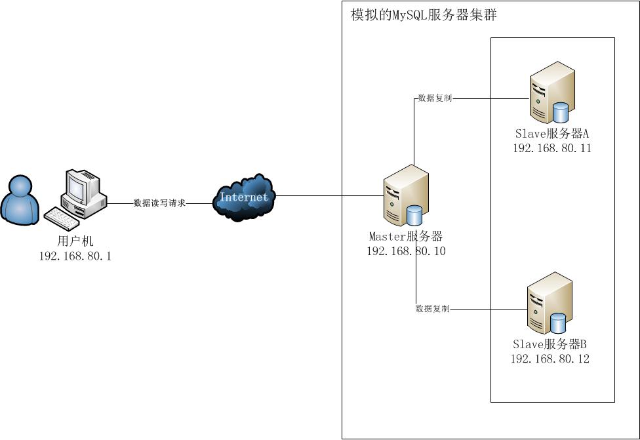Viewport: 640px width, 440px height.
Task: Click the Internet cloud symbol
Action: pos(244,197)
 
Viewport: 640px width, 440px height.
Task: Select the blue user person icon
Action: pos(20,199)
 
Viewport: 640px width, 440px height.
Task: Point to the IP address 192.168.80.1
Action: pos(75,256)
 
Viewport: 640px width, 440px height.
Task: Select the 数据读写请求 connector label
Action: pos(159,203)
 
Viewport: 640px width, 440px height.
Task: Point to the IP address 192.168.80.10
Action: pos(406,251)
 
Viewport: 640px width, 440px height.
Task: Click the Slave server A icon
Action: pos(552,93)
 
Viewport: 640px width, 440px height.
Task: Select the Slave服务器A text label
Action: pos(552,134)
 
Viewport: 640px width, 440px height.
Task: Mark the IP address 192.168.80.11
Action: pos(552,148)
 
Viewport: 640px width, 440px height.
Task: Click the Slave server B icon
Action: pos(550,304)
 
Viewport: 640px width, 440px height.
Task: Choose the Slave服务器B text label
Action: pos(550,344)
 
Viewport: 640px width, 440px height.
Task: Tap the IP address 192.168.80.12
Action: pos(550,359)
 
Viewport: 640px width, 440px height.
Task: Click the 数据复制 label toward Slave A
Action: pos(434,98)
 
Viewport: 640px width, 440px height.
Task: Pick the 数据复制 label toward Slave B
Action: pos(432,308)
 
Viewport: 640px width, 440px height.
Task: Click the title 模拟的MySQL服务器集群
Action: pos(424,15)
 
